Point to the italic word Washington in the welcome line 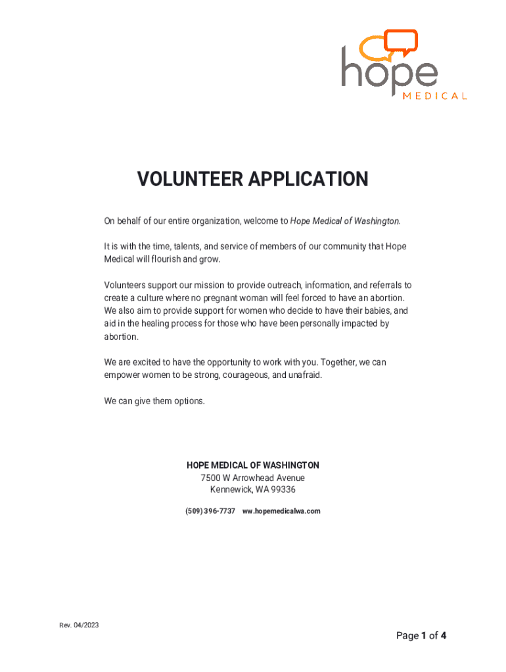click(x=377, y=221)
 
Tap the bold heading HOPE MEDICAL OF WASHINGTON click(x=253, y=465)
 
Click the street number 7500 click(x=212, y=478)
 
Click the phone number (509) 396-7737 click(x=210, y=511)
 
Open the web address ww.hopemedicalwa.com click(x=281, y=511)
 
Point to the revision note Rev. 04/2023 click(x=79, y=625)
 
